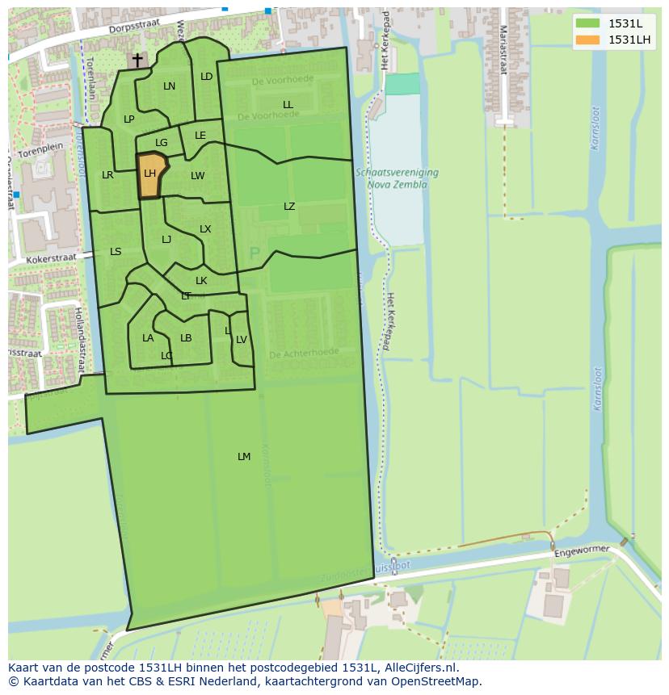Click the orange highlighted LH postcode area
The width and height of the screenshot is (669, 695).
[x=150, y=177]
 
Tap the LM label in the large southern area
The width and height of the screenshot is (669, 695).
[x=244, y=457]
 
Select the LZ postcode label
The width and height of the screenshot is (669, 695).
[x=289, y=207]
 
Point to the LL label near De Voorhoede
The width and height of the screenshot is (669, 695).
[x=288, y=105]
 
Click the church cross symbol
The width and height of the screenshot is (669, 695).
[x=137, y=59]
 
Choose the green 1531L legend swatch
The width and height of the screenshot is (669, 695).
[x=588, y=23]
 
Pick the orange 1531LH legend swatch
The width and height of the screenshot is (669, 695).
[x=588, y=40]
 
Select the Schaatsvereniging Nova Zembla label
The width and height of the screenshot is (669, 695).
[x=397, y=178]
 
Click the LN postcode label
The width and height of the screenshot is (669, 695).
[x=169, y=86]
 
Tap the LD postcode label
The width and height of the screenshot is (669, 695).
[x=206, y=77]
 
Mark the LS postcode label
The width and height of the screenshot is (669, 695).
[x=116, y=252]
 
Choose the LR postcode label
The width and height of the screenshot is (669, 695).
[x=107, y=175]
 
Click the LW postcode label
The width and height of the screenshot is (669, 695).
[x=198, y=176]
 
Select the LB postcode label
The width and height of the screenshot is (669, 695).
[x=186, y=338]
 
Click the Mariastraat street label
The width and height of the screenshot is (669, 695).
[x=503, y=48]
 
